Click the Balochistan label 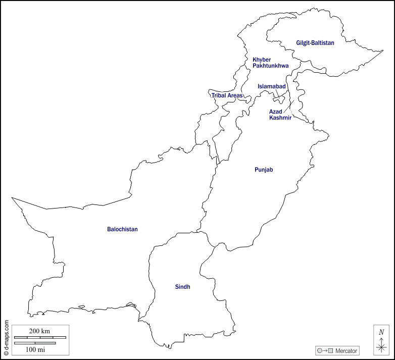(122, 229)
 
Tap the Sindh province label (182, 287)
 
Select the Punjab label (264, 170)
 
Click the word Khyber (262, 59)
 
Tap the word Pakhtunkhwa (271, 66)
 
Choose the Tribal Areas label (227, 95)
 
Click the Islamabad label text (272, 86)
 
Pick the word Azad (275, 111)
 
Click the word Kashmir (280, 118)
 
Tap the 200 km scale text (39, 331)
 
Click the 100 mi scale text (34, 349)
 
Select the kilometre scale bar (39, 337)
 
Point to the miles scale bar (34, 343)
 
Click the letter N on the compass (381, 332)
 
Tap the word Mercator (346, 350)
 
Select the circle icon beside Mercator (319, 350)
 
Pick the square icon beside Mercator (330, 350)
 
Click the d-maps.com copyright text (6, 337)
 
